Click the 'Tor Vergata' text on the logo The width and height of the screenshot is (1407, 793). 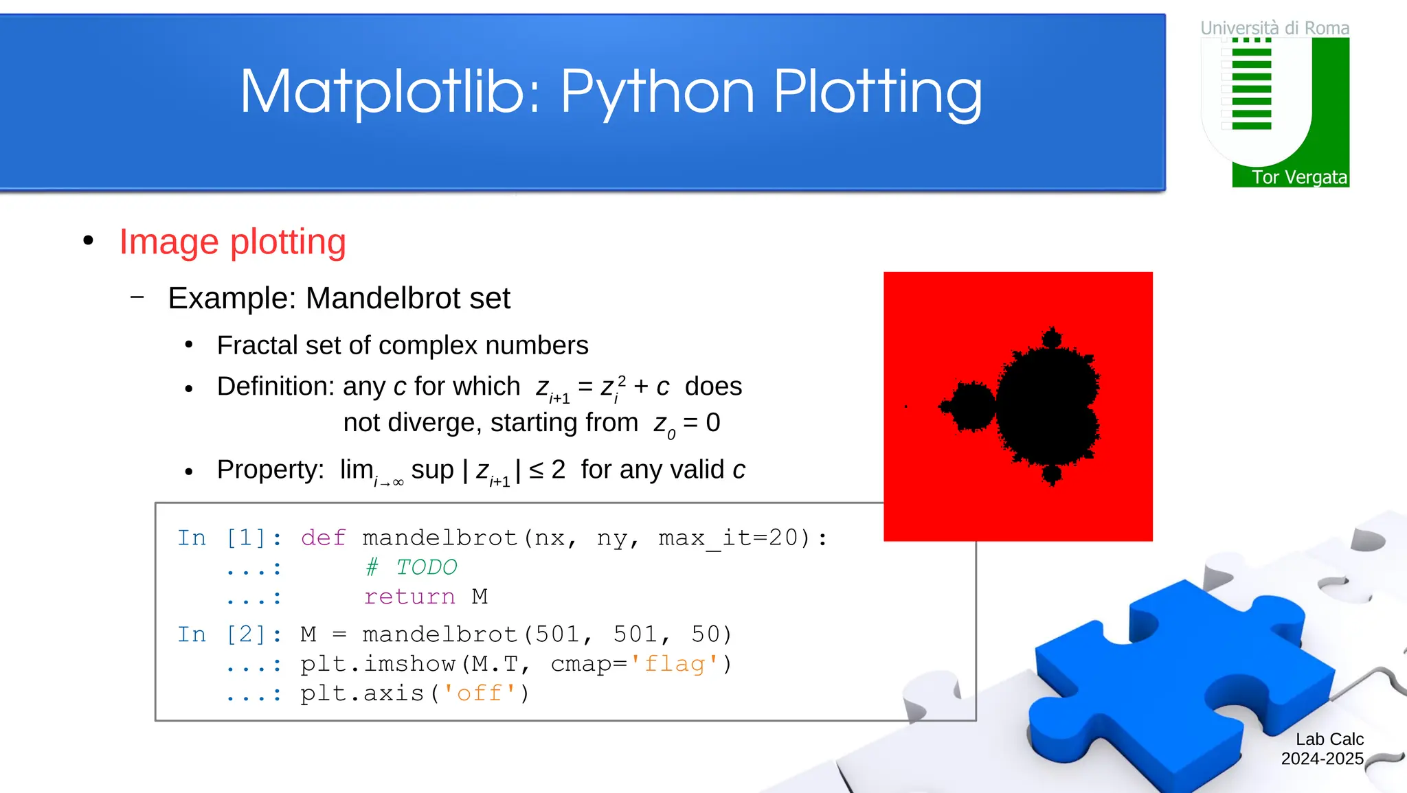click(1298, 177)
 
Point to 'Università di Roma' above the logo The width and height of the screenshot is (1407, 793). click(1274, 28)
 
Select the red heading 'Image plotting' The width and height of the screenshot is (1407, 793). click(232, 242)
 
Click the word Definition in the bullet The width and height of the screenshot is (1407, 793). click(275, 387)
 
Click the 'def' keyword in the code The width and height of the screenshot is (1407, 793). click(323, 538)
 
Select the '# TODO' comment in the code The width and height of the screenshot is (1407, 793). click(412, 567)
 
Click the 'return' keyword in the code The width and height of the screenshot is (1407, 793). click(409, 597)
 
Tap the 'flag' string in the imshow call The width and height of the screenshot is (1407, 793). click(675, 664)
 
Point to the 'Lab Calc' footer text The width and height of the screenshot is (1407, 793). click(1329, 739)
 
